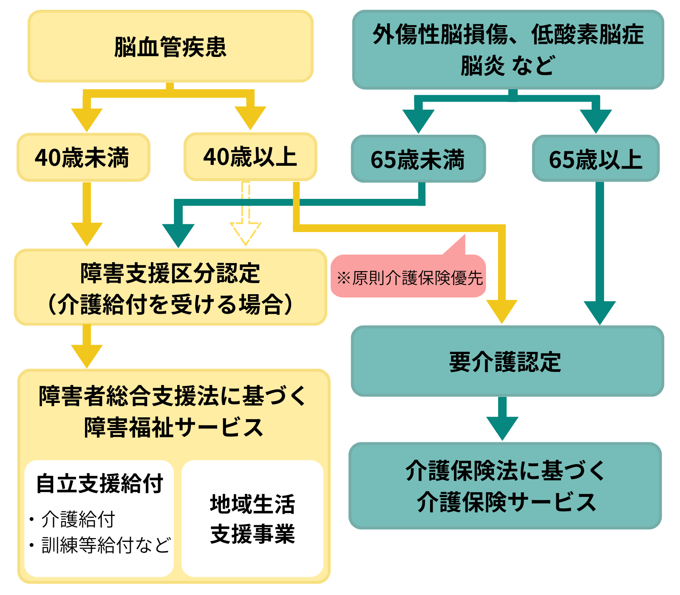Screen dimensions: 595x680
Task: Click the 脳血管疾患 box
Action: [170, 46]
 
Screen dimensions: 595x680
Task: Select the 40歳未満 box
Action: [83, 157]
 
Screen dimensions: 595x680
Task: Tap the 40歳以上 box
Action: [250, 156]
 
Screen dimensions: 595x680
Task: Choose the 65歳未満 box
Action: [418, 159]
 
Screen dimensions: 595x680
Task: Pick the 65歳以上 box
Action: [595, 159]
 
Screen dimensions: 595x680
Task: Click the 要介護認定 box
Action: [507, 361]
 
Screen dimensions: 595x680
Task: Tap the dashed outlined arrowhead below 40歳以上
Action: [246, 233]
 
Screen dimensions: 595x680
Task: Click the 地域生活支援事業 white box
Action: [252, 518]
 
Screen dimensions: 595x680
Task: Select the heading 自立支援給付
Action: [99, 484]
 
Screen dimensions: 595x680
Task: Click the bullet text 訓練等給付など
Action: [105, 545]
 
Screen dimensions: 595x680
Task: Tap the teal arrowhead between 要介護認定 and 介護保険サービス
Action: [502, 427]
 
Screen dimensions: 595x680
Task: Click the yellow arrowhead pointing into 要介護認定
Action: [502, 310]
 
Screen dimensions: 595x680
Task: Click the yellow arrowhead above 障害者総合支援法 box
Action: [87, 355]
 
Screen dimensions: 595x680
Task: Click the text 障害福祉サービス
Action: [173, 427]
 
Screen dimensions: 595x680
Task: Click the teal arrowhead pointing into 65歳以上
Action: [595, 120]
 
